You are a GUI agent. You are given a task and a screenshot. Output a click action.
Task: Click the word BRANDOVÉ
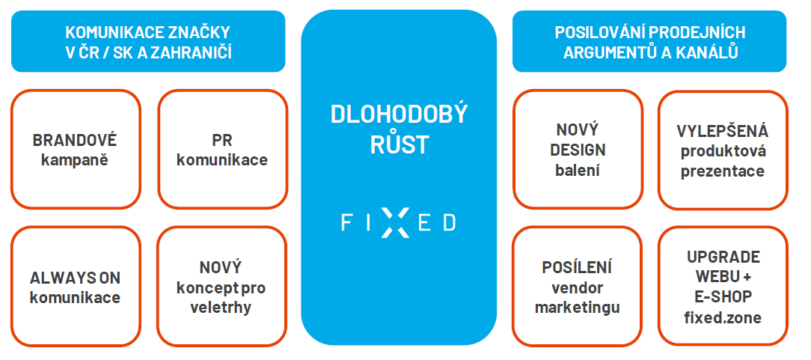75,140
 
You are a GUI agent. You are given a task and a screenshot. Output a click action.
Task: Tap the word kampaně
75,160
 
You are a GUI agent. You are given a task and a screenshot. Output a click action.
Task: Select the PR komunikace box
222,149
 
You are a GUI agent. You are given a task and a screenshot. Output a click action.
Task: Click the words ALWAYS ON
75,278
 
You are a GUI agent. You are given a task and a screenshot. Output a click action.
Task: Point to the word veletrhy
221,308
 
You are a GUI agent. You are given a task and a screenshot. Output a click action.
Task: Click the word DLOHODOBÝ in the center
399,115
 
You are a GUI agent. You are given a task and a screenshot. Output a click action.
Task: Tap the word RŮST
400,145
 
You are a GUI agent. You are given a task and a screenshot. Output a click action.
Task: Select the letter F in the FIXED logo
346,223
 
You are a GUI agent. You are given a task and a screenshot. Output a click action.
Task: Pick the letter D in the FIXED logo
450,223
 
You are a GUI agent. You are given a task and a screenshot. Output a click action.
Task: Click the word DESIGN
578,150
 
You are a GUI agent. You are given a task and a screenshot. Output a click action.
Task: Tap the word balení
578,170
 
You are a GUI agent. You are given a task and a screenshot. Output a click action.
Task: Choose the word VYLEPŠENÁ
723,132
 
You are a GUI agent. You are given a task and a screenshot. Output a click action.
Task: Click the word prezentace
723,171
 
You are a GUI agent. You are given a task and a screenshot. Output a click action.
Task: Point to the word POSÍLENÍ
578,267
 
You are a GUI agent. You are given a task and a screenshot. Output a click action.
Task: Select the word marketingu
578,308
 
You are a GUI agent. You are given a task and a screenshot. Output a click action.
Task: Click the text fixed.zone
723,317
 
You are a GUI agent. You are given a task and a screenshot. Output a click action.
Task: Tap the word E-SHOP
723,297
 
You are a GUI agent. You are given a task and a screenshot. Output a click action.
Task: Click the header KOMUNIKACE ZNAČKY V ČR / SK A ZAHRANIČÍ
148,41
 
